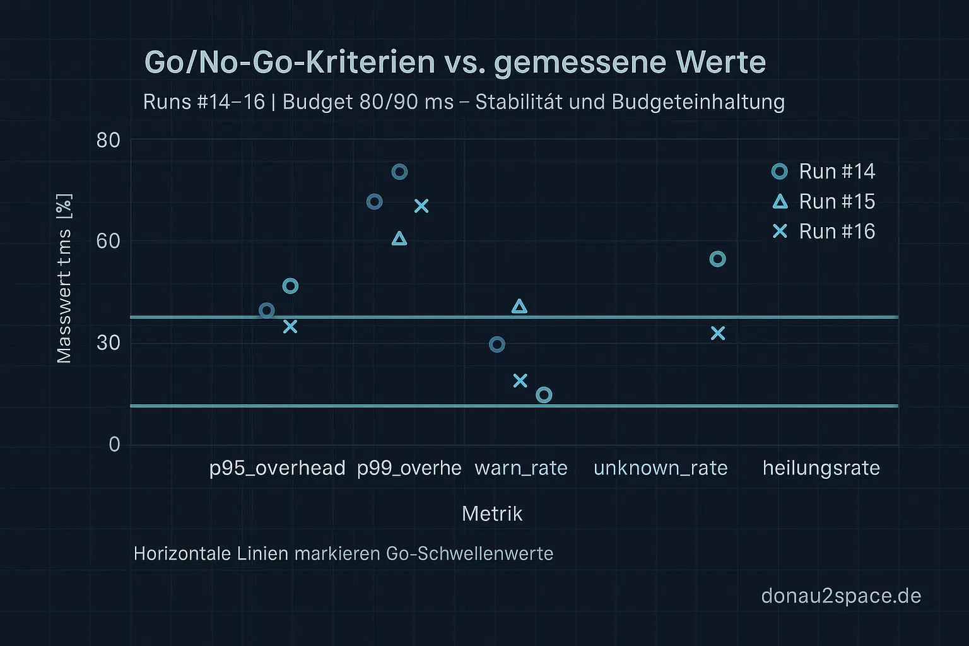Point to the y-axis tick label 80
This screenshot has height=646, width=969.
pyautogui.click(x=108, y=140)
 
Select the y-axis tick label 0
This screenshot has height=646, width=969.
pyautogui.click(x=114, y=445)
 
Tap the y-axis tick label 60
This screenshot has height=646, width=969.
pyautogui.click(x=108, y=241)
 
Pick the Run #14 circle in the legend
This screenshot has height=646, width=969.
pyautogui.click(x=780, y=172)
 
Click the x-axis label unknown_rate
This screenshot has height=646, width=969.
pyautogui.click(x=661, y=468)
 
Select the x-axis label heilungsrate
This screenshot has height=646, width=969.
pyautogui.click(x=821, y=468)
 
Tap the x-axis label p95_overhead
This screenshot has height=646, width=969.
pyautogui.click(x=277, y=468)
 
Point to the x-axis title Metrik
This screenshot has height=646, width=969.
pyautogui.click(x=492, y=514)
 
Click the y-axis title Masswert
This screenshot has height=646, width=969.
pyautogui.click(x=64, y=297)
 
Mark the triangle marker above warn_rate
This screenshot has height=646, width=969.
pyautogui.click(x=519, y=307)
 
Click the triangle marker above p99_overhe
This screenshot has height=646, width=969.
pyautogui.click(x=399, y=238)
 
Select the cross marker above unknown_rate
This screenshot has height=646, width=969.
pyautogui.click(x=718, y=333)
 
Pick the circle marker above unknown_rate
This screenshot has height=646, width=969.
pyautogui.click(x=717, y=259)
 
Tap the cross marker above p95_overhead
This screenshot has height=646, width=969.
pyautogui.click(x=290, y=326)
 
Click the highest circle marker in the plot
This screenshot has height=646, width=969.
pyautogui.click(x=399, y=172)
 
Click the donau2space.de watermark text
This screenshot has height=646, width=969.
pyautogui.click(x=841, y=596)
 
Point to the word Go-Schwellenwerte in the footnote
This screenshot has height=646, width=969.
pyautogui.click(x=469, y=554)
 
